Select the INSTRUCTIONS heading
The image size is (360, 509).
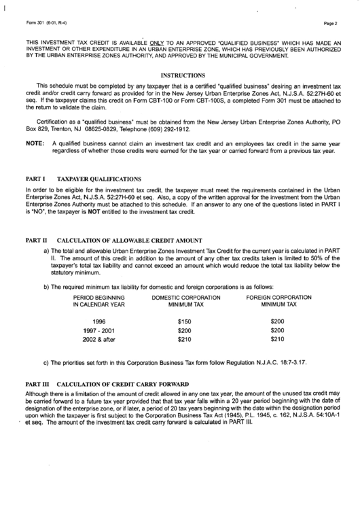tap(182, 75)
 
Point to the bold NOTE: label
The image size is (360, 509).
tap(34, 144)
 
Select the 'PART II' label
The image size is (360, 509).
tap(36, 240)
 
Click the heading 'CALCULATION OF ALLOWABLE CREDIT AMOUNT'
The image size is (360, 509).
tap(130, 240)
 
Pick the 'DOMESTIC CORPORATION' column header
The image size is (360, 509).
tap(186, 297)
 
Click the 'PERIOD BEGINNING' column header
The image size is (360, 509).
tap(99, 297)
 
